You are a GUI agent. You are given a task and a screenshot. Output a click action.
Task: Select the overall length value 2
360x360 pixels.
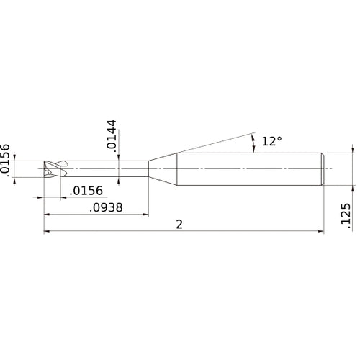click(179, 224)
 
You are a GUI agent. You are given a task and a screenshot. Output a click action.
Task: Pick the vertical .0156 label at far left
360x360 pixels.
click(6, 159)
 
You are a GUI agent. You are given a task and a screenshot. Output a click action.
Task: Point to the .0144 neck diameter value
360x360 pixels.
click(111, 135)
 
